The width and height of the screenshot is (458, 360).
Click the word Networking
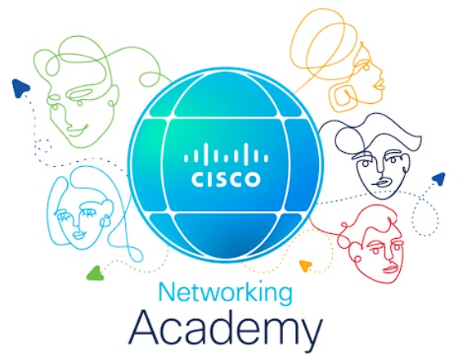225,294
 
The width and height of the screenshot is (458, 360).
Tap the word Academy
226,331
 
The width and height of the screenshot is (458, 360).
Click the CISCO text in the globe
226,179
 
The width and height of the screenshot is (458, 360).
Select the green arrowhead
95,273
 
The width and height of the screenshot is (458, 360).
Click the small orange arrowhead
306,266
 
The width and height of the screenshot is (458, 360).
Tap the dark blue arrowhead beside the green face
20,88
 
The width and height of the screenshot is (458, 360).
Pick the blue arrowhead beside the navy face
438,178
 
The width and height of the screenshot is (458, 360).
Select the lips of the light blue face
79,234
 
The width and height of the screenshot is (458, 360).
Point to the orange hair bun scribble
324,44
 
